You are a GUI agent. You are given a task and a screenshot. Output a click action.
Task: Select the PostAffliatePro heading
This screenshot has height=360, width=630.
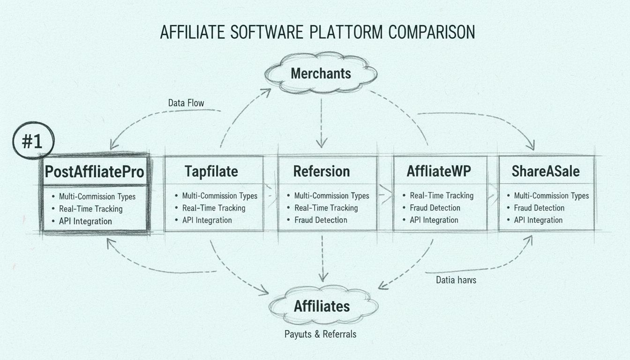click(x=94, y=172)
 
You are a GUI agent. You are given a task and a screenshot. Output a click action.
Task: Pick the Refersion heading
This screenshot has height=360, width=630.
click(x=322, y=172)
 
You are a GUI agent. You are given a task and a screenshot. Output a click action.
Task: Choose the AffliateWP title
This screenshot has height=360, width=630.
click(x=439, y=172)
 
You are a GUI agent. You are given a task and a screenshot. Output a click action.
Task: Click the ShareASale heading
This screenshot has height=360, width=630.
click(x=545, y=172)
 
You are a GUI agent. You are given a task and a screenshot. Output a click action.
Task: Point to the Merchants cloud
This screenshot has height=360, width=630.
click(x=321, y=74)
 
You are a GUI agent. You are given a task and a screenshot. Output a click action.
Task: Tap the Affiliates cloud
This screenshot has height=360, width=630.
click(x=322, y=307)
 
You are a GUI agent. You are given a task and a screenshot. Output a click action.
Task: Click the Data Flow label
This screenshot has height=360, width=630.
click(x=186, y=103)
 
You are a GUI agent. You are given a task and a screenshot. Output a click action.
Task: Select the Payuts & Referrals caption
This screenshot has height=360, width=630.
click(x=320, y=334)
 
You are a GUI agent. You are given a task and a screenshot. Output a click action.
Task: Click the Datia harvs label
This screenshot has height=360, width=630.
click(x=456, y=280)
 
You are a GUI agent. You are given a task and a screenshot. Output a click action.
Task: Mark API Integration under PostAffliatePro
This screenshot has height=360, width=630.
click(x=85, y=221)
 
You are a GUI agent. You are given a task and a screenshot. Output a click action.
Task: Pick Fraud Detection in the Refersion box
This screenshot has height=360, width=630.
click(x=321, y=220)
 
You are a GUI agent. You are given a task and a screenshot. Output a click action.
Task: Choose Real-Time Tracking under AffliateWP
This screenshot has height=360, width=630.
click(x=442, y=195)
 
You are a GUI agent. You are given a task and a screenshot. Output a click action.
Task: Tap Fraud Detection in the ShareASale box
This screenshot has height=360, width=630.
click(x=539, y=208)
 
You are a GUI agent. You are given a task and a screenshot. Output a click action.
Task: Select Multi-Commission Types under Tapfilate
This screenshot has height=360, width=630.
click(x=219, y=195)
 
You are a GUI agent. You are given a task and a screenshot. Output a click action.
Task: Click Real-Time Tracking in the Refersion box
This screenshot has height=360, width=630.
click(x=326, y=208)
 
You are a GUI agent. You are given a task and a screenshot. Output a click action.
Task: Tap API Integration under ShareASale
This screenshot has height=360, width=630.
click(x=538, y=220)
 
